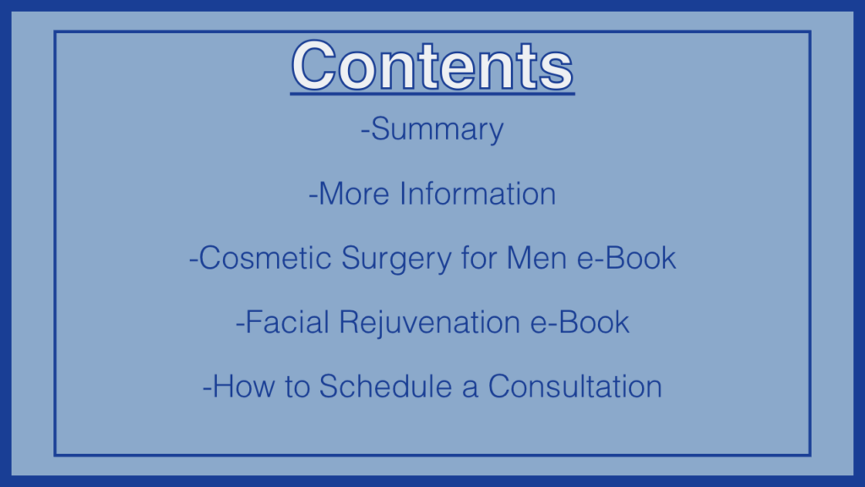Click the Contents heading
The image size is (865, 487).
coord(432,66)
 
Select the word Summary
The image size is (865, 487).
coord(438,130)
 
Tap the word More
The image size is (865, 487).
coord(354,194)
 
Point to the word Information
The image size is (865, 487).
coord(478,194)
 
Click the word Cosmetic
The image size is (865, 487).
coord(264,258)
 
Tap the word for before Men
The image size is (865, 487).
coord(478,258)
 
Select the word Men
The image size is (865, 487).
coord(536,258)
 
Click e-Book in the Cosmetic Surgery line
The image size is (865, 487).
coord(627,258)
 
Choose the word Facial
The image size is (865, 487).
coord(287,322)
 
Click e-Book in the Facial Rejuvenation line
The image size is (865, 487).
coord(579,322)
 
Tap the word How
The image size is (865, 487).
coord(243,386)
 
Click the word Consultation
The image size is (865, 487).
coord(575,386)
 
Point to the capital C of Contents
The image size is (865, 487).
coord(313,66)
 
